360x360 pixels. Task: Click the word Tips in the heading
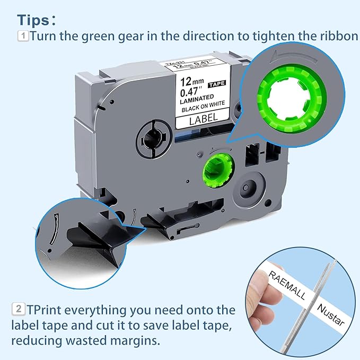point(34,20)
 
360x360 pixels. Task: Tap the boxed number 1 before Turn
point(23,37)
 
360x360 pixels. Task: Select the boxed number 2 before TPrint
point(17,309)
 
